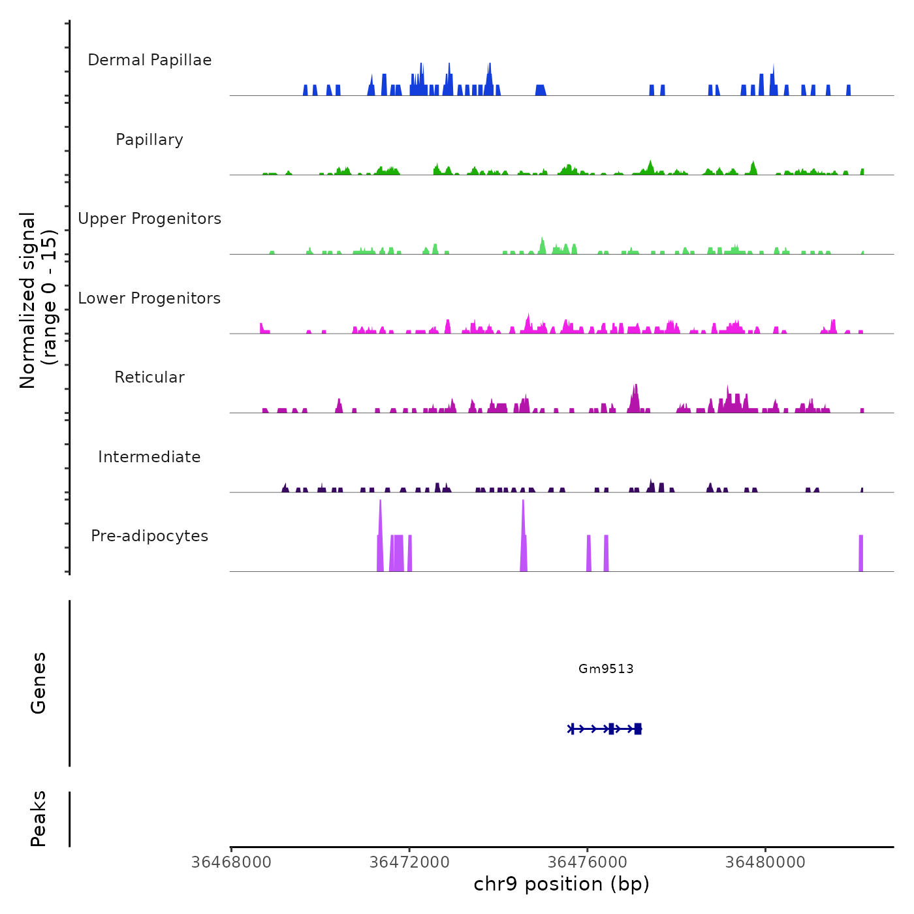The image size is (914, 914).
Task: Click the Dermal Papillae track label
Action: click(150, 60)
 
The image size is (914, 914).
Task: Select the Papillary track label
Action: click(150, 140)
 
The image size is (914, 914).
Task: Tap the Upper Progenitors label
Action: click(150, 219)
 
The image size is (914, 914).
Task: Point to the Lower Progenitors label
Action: click(150, 298)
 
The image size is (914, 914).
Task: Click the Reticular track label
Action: click(150, 377)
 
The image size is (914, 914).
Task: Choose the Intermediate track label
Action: click(150, 457)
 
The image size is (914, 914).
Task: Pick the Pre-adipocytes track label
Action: click(150, 536)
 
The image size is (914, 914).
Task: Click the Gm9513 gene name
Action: click(606, 669)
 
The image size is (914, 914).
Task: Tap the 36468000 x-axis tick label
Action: click(231, 862)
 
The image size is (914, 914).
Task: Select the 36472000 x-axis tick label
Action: click(409, 862)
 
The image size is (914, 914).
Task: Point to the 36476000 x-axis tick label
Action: click(588, 862)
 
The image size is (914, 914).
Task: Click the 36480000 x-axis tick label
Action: click(766, 862)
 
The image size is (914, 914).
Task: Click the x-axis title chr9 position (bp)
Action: click(561, 884)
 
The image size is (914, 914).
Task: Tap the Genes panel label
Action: click(39, 683)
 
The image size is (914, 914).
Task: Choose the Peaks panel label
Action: click(39, 819)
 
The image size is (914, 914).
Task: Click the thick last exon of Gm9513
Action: click(638, 729)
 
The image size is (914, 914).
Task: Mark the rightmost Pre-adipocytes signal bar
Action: click(860, 554)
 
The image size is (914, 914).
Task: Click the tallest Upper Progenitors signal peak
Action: click(542, 245)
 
